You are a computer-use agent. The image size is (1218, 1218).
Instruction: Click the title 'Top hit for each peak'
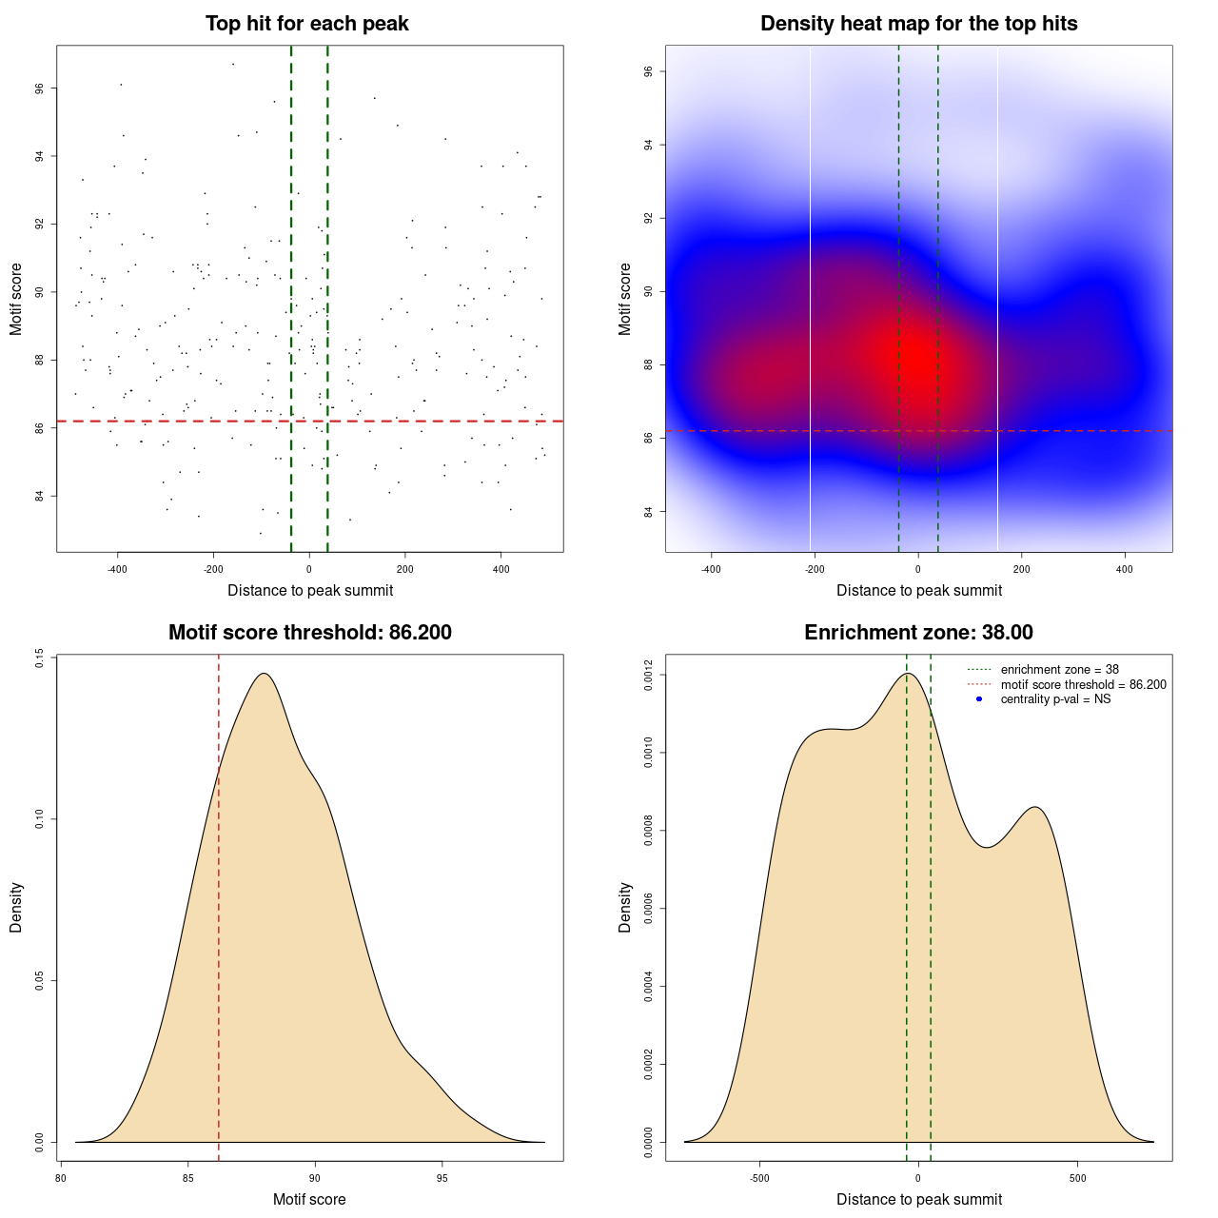pyautogui.click(x=306, y=24)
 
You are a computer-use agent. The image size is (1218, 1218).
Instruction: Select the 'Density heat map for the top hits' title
pyautogui.click(x=918, y=24)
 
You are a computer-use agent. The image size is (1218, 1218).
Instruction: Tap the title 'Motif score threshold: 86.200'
pyautogui.click(x=309, y=633)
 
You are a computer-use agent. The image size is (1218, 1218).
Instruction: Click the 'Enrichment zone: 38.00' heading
pyautogui.click(x=918, y=633)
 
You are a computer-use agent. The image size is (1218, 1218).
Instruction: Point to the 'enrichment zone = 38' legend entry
pyautogui.click(x=1059, y=670)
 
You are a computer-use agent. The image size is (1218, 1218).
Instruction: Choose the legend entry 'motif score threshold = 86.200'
pyautogui.click(x=1083, y=684)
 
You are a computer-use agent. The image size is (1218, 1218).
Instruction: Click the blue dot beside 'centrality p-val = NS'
pyautogui.click(x=979, y=699)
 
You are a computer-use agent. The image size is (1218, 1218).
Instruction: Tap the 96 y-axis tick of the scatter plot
pyautogui.click(x=40, y=88)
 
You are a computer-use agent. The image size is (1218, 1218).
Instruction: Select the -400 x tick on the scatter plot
pyautogui.click(x=117, y=569)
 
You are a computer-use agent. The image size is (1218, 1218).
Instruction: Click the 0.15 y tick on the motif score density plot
pyautogui.click(x=40, y=658)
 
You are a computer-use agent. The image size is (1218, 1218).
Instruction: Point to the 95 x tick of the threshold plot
pyautogui.click(x=442, y=1178)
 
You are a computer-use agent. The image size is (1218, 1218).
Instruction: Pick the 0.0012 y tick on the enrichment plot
pyautogui.click(x=649, y=676)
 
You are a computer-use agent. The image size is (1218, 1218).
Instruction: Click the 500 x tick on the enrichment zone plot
pyautogui.click(x=1077, y=1178)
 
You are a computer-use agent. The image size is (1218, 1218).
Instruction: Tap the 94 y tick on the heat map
pyautogui.click(x=649, y=145)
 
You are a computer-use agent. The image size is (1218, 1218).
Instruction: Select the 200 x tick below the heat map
pyautogui.click(x=1021, y=569)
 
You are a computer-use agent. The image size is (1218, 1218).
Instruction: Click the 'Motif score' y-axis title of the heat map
pyautogui.click(x=625, y=299)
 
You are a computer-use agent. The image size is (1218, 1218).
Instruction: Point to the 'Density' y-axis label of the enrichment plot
pyautogui.click(x=625, y=907)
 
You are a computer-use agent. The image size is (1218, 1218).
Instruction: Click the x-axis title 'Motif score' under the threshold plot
pyautogui.click(x=309, y=1199)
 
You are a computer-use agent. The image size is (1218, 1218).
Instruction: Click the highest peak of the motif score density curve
pyautogui.click(x=265, y=674)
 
